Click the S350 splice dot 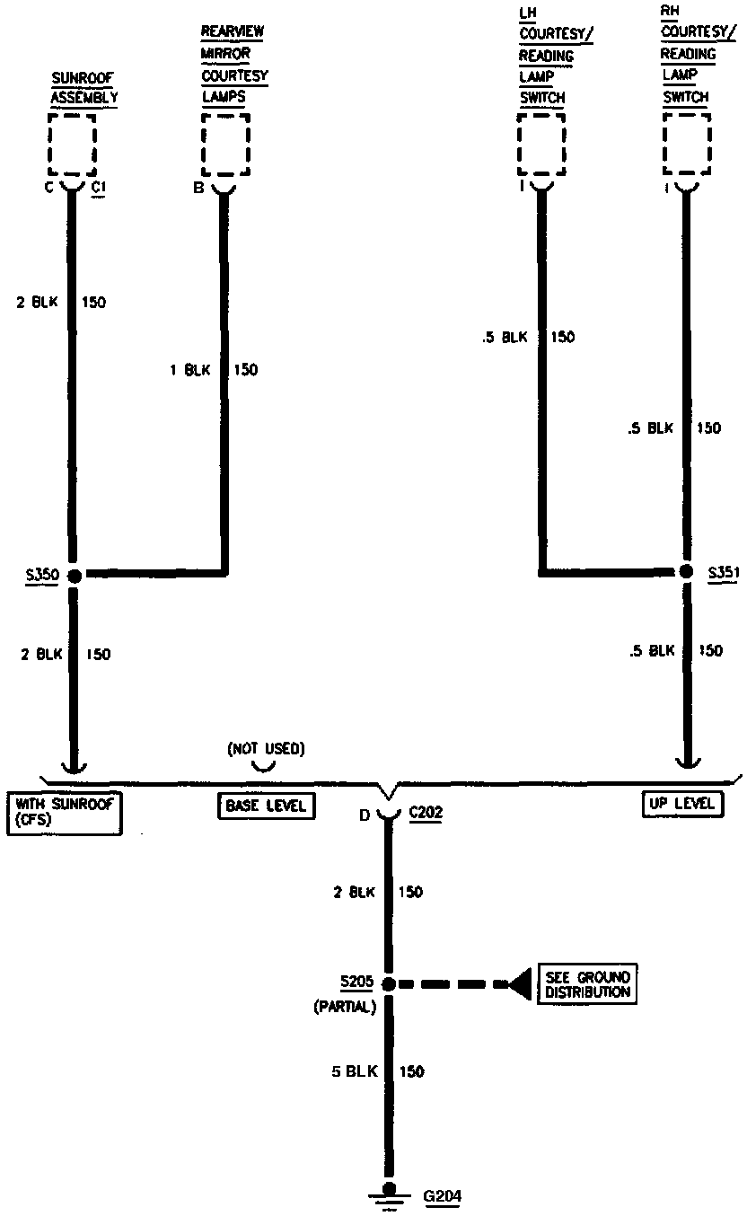pos(74,575)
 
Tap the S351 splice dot pos(686,571)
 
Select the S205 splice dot pos(389,984)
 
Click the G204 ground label pos(443,1196)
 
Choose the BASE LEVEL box pos(266,806)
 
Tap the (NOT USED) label pos(265,748)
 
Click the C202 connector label pos(426,814)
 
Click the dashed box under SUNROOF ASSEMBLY pos(72,144)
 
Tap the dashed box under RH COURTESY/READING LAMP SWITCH pos(686,145)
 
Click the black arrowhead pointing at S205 pos(520,984)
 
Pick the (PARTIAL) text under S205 pos(344,1007)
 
